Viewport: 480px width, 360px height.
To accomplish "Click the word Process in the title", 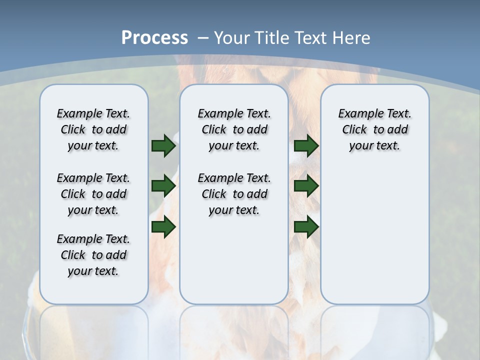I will [154, 38].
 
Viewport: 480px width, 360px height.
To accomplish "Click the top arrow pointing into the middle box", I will [163, 145].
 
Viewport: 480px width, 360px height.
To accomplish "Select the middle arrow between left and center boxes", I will [163, 186].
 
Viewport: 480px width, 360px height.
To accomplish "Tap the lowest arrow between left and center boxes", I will [163, 227].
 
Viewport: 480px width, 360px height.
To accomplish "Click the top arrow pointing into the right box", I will [306, 145].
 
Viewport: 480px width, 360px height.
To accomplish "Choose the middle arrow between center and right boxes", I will [306, 186].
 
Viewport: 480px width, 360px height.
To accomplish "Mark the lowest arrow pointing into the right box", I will [306, 227].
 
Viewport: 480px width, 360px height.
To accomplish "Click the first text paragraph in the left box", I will [93, 129].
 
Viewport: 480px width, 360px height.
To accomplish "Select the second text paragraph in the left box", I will [93, 194].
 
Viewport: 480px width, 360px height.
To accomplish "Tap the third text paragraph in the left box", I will [93, 255].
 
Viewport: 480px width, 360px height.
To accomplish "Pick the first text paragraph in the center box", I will [234, 129].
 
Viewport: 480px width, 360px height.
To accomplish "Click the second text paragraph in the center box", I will [234, 194].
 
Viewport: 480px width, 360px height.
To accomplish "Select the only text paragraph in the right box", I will [375, 129].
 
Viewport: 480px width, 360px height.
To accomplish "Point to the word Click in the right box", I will [354, 130].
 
